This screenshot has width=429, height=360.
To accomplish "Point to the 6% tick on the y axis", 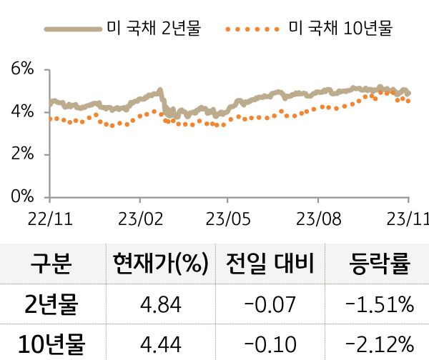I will click(x=23, y=69).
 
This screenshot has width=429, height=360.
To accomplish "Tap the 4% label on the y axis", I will click(x=23, y=111).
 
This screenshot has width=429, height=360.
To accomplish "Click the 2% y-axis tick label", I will click(x=23, y=154).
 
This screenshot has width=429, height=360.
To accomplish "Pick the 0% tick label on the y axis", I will click(x=23, y=196).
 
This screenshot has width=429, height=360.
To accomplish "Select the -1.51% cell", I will click(x=379, y=306).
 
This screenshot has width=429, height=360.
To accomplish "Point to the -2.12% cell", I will click(x=379, y=344).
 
